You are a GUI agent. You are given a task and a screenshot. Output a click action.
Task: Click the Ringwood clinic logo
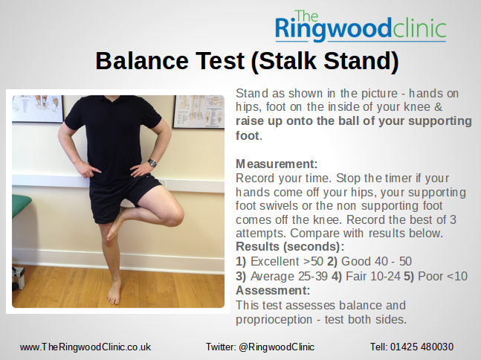360,26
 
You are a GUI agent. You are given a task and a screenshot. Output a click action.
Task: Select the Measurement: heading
277,164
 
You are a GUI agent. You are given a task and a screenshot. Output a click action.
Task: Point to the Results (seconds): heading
290,246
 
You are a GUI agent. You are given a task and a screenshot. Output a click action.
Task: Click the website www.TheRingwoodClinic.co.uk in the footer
85,347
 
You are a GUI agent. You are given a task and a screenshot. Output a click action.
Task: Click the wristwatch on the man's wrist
152,163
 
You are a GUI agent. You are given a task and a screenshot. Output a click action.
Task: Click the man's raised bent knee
172,216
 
